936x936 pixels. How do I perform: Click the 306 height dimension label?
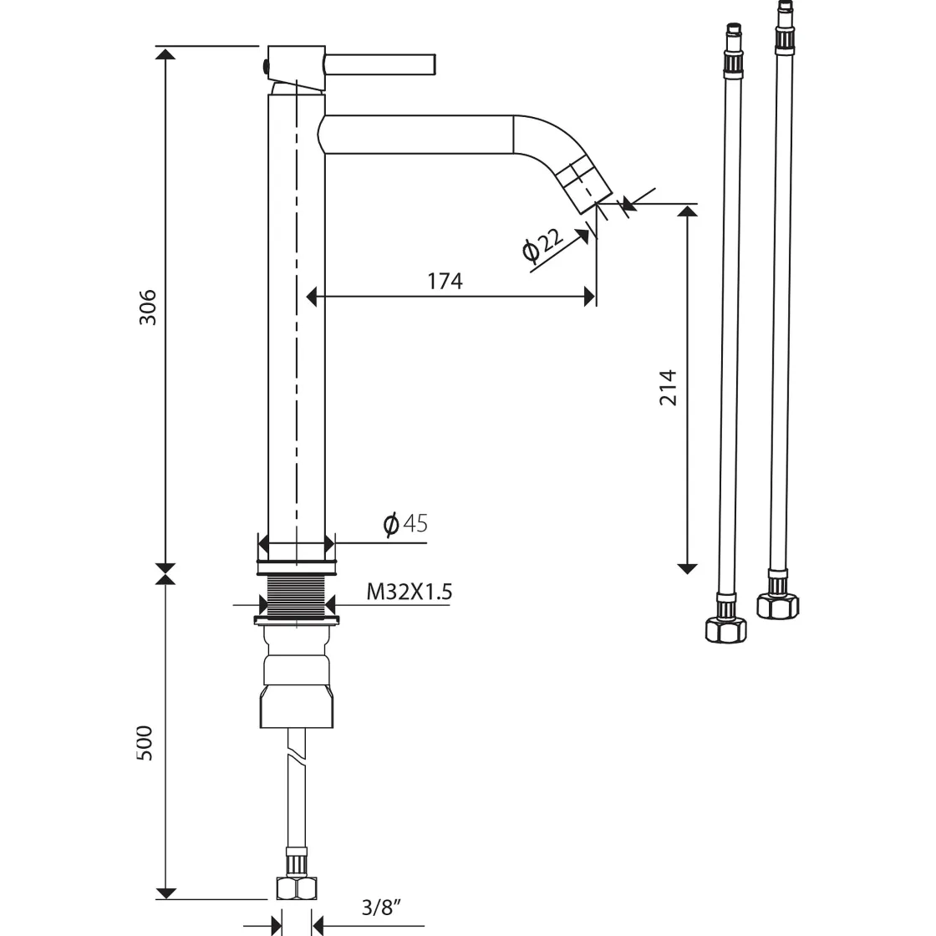(x=147, y=307)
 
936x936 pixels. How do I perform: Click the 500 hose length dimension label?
(x=145, y=743)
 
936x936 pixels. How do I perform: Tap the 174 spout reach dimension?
(x=445, y=281)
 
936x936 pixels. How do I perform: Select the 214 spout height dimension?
(x=669, y=388)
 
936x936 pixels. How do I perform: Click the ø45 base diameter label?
(x=405, y=523)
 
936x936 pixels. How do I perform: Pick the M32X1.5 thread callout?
(x=409, y=592)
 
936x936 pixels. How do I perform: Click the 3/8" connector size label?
(x=381, y=908)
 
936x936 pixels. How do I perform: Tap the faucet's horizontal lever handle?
(x=380, y=64)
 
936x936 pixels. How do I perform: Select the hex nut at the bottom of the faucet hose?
(x=297, y=888)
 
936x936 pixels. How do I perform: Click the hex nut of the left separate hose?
(x=726, y=630)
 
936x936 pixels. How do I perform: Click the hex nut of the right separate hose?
(x=778, y=605)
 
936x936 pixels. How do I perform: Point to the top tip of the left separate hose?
(x=734, y=25)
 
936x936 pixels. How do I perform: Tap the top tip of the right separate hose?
(x=785, y=3)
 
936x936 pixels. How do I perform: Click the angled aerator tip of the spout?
(x=586, y=181)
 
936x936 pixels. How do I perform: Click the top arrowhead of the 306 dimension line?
(x=165, y=53)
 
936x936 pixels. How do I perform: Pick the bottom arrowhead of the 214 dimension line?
(x=688, y=568)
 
